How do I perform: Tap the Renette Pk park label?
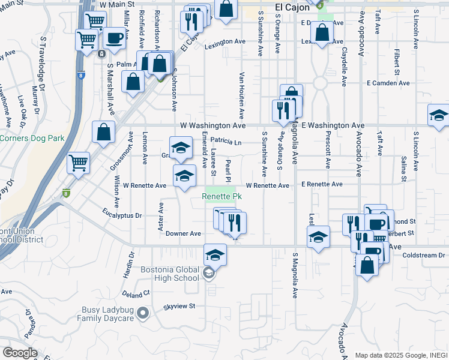pyautogui.click(x=221, y=197)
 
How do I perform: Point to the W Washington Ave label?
pyautogui.click(x=213, y=126)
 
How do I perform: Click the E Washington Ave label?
pyautogui.click(x=333, y=125)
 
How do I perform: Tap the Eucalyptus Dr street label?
pyautogui.click(x=122, y=214)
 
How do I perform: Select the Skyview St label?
pyautogui.click(x=179, y=306)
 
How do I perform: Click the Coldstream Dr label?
pyautogui.click(x=424, y=255)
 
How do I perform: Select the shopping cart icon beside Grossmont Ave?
pyautogui.click(x=78, y=163)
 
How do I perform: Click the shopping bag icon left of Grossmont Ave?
pyautogui.click(x=104, y=133)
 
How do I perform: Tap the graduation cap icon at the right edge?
pyautogui.click(x=439, y=116)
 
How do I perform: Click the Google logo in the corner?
pyautogui.click(x=20, y=352)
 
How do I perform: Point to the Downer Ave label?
pyautogui.click(x=183, y=233)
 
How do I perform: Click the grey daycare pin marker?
pyautogui.click(x=143, y=313)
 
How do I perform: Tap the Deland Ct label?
pyautogui.click(x=138, y=294)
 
